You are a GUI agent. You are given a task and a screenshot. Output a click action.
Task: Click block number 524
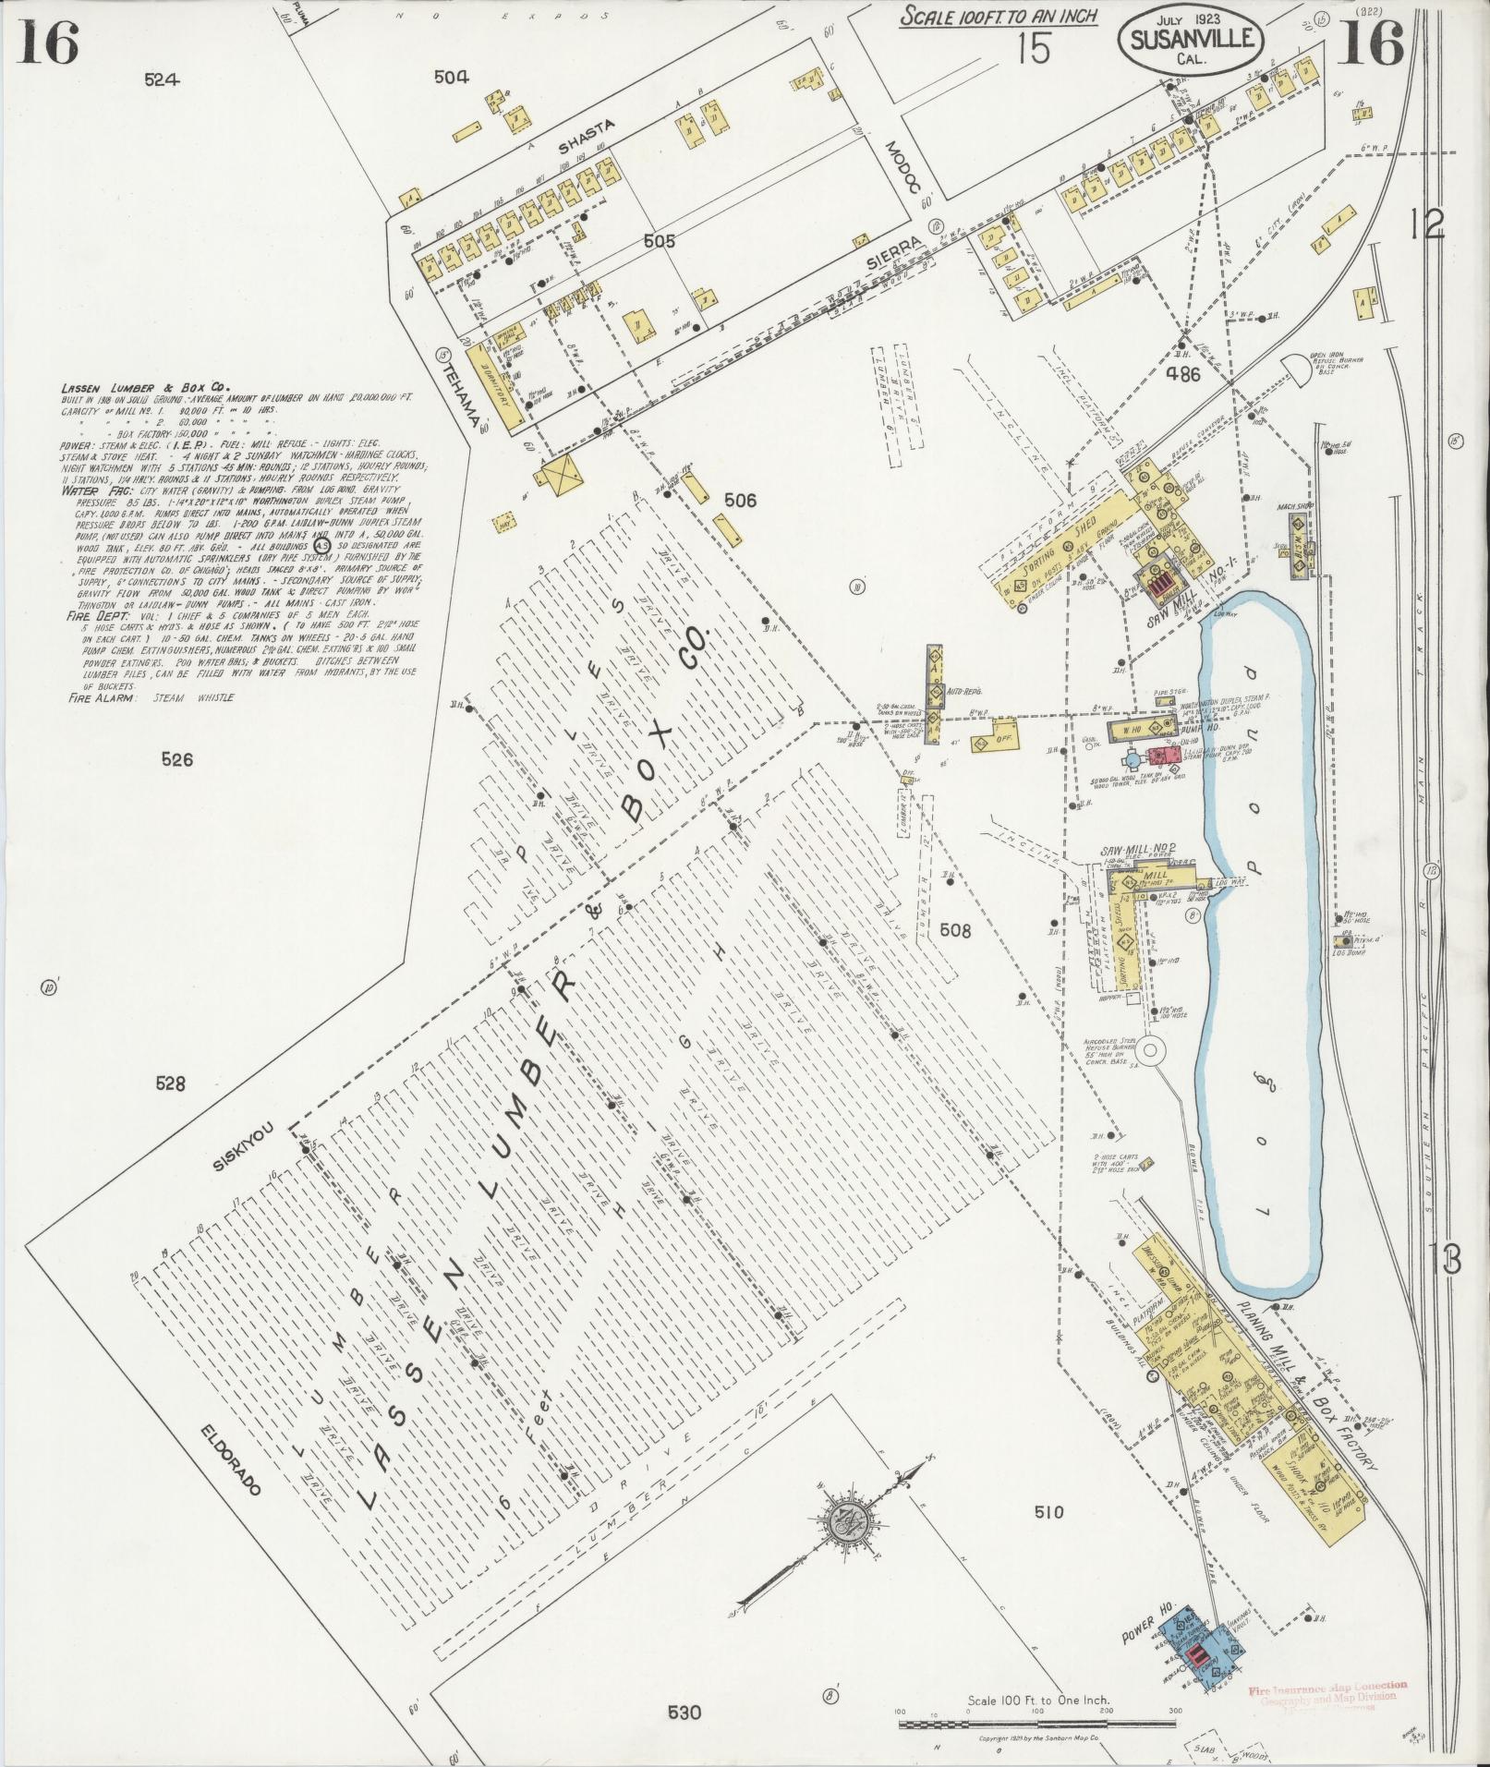(x=161, y=80)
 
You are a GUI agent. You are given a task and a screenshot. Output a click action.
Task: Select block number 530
(x=685, y=1713)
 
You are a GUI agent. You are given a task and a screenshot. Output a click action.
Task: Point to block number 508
(x=955, y=931)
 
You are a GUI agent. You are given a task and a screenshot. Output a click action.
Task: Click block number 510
(x=1048, y=1512)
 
